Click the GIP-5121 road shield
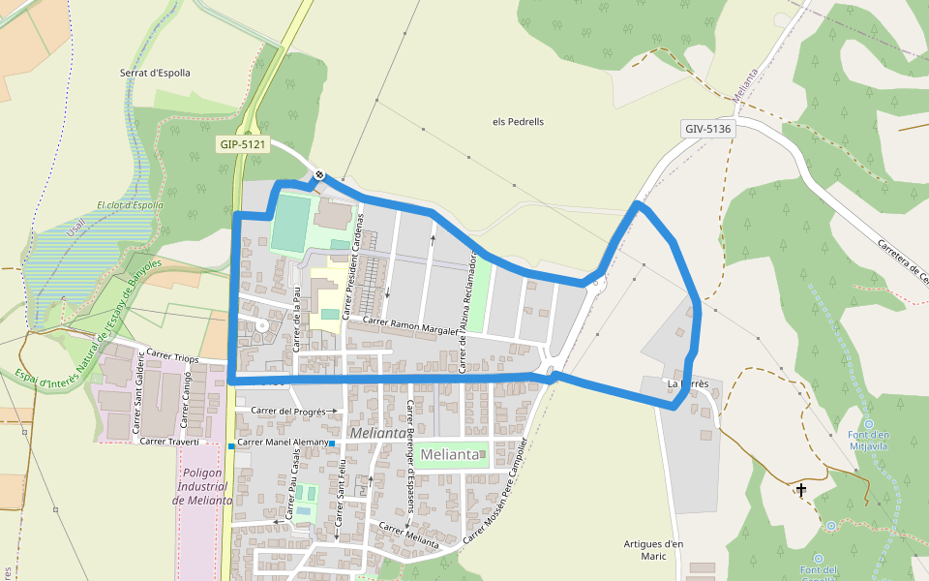point(242,144)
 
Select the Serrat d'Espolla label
point(155,73)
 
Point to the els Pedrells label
point(519,122)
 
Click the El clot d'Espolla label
point(130,205)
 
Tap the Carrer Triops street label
point(172,357)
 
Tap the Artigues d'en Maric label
point(654,550)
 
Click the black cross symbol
point(801,490)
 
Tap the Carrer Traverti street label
point(169,442)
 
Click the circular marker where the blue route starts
point(319,175)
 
